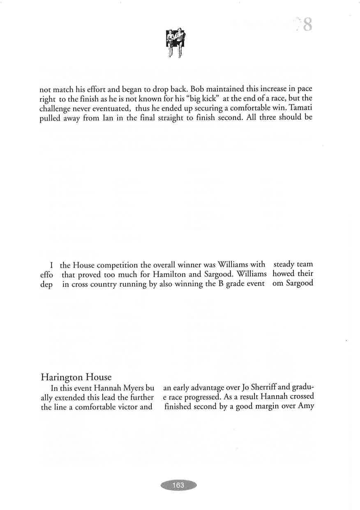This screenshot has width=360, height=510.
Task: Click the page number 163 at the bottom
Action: [178, 485]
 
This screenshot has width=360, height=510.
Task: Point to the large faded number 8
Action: [307, 25]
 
